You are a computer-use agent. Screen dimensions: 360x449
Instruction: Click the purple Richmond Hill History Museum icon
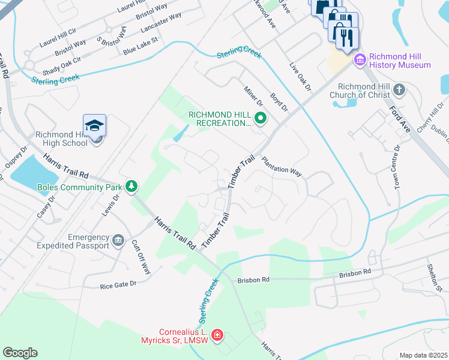click(360, 59)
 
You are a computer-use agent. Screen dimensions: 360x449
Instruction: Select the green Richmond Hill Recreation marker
click(260, 119)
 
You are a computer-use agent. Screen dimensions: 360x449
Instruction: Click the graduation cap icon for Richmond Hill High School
click(95, 126)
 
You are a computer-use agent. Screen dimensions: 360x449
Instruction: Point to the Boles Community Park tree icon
click(131, 187)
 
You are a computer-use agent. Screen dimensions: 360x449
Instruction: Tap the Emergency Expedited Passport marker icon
click(118, 241)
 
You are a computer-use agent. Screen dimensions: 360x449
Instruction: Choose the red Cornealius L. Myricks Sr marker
click(217, 335)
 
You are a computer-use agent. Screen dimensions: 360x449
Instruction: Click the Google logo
click(20, 352)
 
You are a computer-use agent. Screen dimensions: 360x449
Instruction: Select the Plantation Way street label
click(281, 167)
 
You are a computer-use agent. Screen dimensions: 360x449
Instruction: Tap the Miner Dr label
click(253, 96)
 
